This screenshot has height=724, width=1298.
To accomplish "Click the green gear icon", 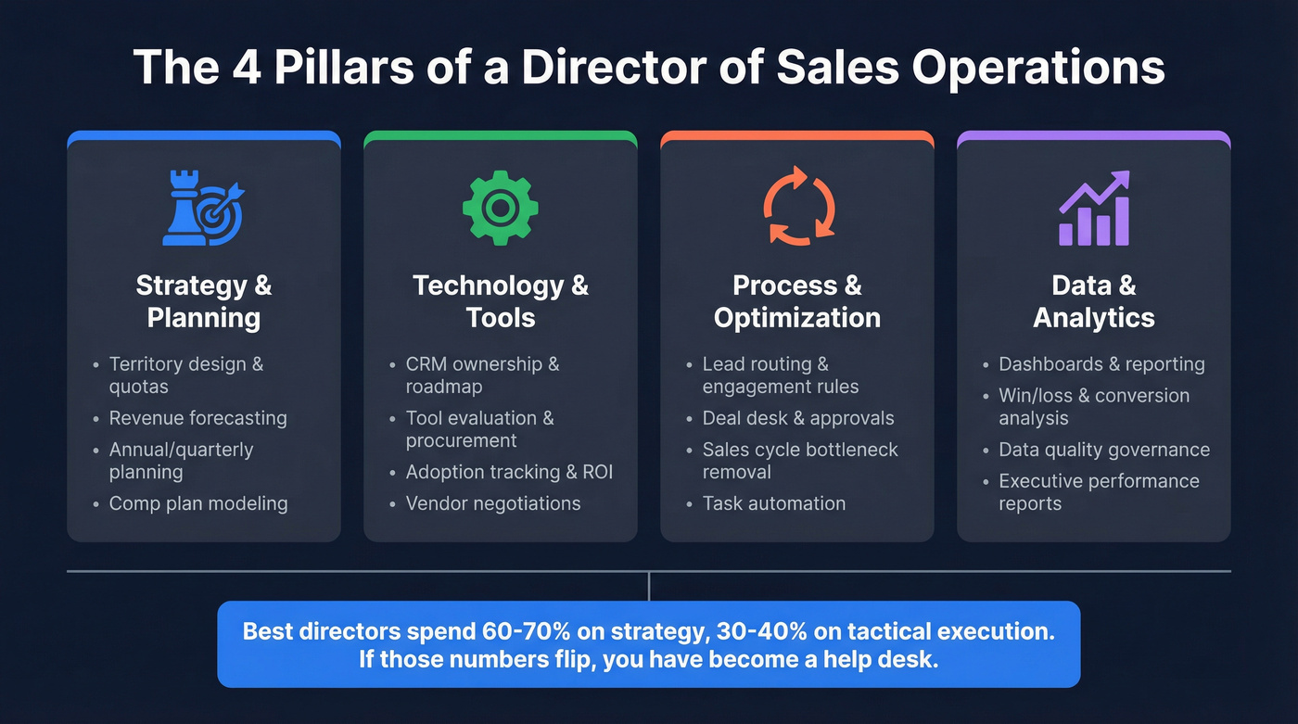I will point(501,208).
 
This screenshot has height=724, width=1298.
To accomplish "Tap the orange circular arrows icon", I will point(797,207).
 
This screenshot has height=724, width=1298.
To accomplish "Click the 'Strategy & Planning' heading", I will point(204,300).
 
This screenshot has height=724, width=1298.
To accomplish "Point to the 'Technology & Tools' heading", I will point(501,300).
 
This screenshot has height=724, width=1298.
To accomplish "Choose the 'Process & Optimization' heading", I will point(797,300).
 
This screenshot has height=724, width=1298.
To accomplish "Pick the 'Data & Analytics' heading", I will point(1094,300).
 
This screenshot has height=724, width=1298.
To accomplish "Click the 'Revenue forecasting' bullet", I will point(197,418).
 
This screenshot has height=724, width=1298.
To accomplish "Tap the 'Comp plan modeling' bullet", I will point(198,503).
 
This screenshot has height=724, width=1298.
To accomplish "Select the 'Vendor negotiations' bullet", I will point(493,503).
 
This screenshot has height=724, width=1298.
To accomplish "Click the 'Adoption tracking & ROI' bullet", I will point(509,472).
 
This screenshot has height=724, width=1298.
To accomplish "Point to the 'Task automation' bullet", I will point(774,503).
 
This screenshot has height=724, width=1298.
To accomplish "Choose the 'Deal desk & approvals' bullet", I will point(798,418).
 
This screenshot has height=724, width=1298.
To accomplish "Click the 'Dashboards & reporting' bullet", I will point(1101,364).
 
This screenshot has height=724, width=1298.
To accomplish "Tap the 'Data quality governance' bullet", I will point(1104,450).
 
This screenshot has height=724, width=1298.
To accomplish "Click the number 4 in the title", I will point(235,68).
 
